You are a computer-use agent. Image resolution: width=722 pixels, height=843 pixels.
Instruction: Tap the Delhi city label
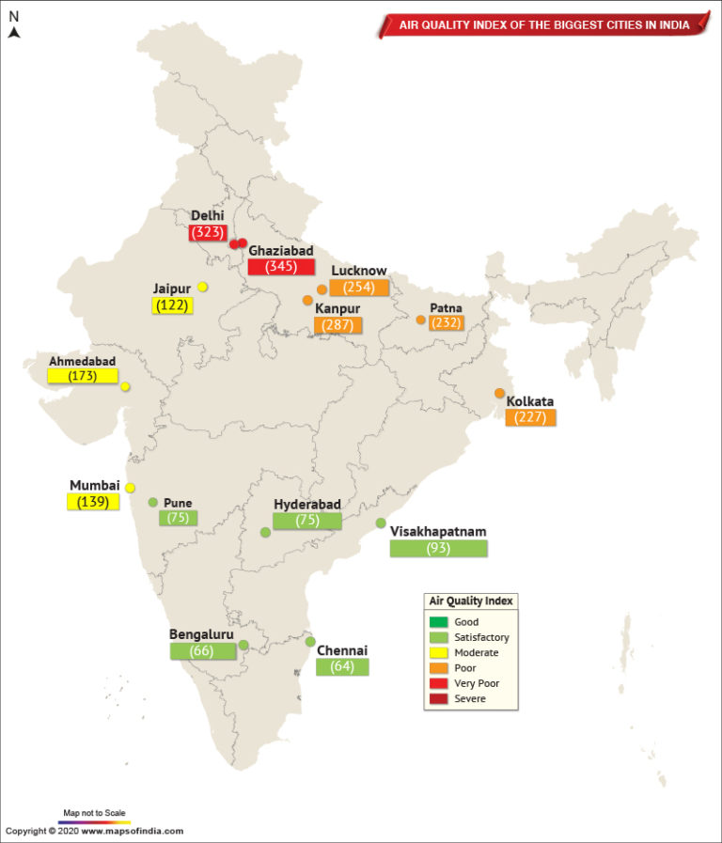pyautogui.click(x=208, y=215)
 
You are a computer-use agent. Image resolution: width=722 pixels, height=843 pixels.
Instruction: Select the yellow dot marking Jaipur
pyautogui.click(x=203, y=287)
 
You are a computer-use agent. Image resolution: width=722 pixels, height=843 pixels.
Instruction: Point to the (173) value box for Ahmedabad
pyautogui.click(x=83, y=376)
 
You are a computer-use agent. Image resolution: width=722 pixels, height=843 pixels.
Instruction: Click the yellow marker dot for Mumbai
pyautogui.click(x=131, y=488)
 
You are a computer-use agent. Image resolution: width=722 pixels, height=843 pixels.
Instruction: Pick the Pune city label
pyautogui.click(x=177, y=503)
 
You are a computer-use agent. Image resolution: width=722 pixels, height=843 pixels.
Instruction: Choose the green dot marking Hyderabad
pyautogui.click(x=266, y=532)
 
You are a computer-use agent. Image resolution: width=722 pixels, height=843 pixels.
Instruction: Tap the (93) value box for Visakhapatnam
pyautogui.click(x=438, y=548)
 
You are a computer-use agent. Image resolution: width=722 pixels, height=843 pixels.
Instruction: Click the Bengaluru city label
pyautogui.click(x=200, y=633)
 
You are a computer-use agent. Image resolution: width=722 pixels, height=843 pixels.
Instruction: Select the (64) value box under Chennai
pyautogui.click(x=342, y=667)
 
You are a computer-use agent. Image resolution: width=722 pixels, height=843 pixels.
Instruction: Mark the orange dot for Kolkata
pyautogui.click(x=500, y=393)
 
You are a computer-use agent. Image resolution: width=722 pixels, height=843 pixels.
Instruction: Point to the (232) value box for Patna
pyautogui.click(x=446, y=322)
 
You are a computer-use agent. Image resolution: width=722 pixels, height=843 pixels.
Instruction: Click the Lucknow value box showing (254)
pyautogui.click(x=359, y=288)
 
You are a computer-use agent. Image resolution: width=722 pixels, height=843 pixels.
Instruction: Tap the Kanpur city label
pyautogui.click(x=337, y=308)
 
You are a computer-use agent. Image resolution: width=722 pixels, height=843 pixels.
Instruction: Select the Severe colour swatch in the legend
pyautogui.click(x=438, y=699)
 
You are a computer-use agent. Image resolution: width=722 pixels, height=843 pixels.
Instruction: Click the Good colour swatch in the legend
pyautogui.click(x=438, y=622)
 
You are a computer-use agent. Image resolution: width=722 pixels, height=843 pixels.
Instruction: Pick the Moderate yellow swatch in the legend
pyautogui.click(x=438, y=652)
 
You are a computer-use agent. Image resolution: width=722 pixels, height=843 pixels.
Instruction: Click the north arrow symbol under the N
pyautogui.click(x=15, y=33)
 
